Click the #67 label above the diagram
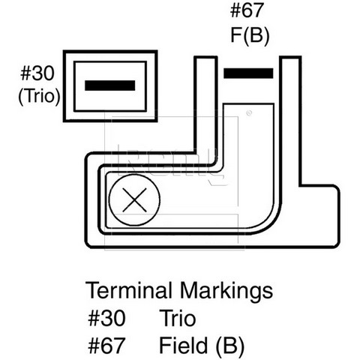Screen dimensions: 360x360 (x=247, y=10)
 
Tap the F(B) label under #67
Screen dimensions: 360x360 (x=250, y=36)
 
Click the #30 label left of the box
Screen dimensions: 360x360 (x=37, y=73)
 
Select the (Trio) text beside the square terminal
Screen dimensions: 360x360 (x=39, y=96)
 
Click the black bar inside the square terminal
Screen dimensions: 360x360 (x=110, y=85)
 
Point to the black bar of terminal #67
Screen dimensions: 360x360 (x=248, y=73)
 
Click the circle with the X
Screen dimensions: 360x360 (x=134, y=200)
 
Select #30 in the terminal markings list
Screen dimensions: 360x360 (x=106, y=318)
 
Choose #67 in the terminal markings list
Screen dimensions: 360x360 (x=106, y=346)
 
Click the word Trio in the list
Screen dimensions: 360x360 (x=178, y=318)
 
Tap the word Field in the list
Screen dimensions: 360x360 (x=183, y=345)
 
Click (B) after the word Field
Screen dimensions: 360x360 (x=229, y=346)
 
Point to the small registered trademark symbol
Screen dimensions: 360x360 (x=249, y=113)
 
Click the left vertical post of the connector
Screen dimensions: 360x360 (x=205, y=105)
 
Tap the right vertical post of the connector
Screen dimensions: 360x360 (x=290, y=120)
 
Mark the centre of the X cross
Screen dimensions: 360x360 (x=134, y=200)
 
